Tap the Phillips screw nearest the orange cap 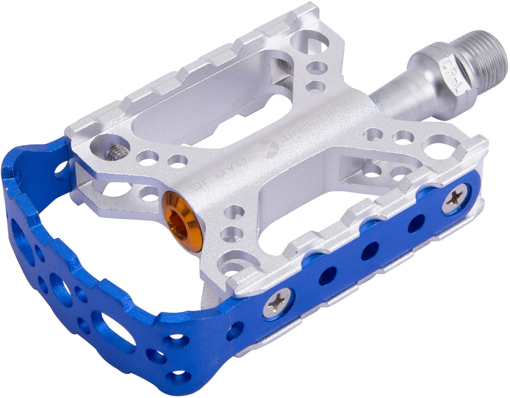click(277, 304)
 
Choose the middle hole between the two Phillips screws click(370, 251)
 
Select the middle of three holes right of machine click(403, 137)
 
